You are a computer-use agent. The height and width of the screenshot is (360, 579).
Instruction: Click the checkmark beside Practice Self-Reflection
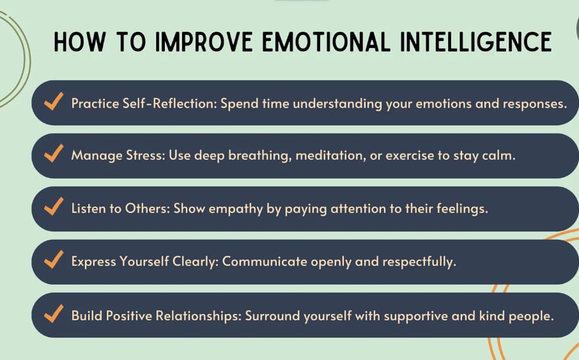click(53, 102)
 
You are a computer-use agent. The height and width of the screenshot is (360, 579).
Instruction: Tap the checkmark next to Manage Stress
click(53, 155)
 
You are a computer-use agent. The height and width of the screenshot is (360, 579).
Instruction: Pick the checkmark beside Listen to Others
click(53, 208)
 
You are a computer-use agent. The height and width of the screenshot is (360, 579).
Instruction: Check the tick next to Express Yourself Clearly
click(53, 261)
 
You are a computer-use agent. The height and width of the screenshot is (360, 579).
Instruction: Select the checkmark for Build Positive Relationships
click(53, 314)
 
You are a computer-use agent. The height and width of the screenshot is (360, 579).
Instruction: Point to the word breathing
click(262, 156)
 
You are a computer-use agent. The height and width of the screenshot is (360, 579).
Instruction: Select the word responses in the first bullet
click(537, 103)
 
